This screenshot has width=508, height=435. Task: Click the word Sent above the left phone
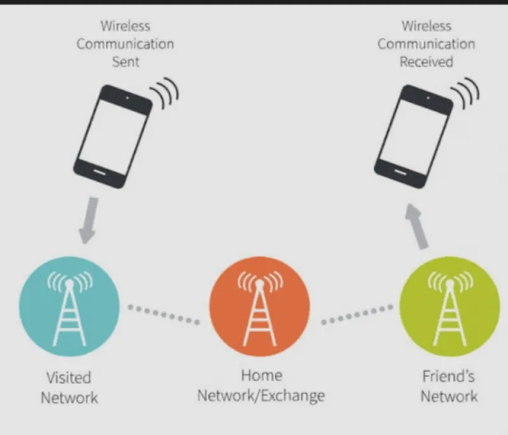pos(125,62)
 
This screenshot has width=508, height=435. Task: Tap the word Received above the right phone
pos(426,62)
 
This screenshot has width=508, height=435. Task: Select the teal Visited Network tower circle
pos(69,307)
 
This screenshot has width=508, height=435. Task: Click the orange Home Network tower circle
pos(260,307)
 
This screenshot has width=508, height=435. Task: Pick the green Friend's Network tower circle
pos(450,307)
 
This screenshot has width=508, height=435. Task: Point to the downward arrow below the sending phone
pos(88,220)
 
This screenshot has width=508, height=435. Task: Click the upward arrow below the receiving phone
pos(418,227)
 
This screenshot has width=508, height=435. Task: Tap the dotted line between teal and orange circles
pos(164,314)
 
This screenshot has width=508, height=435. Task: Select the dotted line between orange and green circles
pos(357,314)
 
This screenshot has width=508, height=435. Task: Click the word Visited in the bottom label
pos(69,378)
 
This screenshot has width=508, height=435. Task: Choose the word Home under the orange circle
pos(262,375)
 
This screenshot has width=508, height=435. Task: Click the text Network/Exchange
pos(261,396)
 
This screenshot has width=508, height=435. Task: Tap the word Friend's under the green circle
pos(449,377)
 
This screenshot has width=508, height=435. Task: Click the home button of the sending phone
pos(100,171)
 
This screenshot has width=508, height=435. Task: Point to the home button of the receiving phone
pos(401,171)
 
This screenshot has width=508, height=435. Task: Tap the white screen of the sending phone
pos(113,137)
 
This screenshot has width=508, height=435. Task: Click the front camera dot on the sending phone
pos(128,98)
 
